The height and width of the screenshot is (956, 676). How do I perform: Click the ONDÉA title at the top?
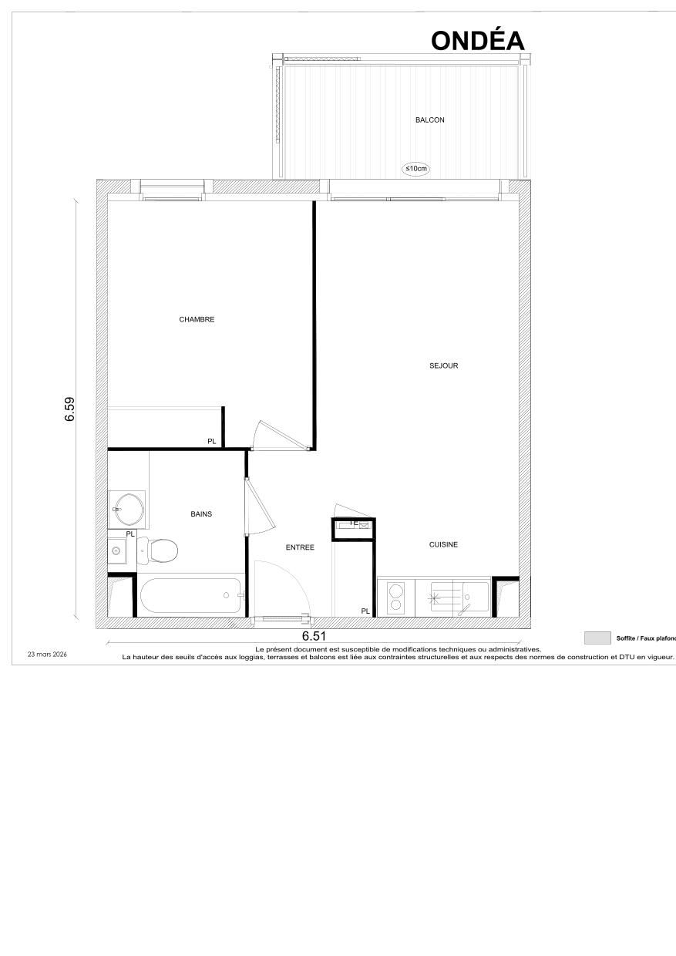click(x=478, y=40)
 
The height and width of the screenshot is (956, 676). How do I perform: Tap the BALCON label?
click(x=429, y=120)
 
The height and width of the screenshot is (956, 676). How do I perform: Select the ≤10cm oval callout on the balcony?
click(x=416, y=168)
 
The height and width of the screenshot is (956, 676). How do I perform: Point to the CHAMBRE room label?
click(x=197, y=320)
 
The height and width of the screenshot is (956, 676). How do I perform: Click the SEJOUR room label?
click(x=444, y=365)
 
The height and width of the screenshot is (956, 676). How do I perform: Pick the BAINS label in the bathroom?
click(x=201, y=514)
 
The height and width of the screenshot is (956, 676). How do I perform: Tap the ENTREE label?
click(x=300, y=547)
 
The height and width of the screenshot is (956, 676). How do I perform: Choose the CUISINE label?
click(x=443, y=544)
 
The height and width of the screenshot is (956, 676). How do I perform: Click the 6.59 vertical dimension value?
click(x=69, y=409)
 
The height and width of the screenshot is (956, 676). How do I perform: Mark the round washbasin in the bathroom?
click(x=127, y=507)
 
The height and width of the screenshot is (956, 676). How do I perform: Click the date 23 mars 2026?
click(x=48, y=654)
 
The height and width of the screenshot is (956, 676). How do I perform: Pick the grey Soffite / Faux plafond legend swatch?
click(x=597, y=638)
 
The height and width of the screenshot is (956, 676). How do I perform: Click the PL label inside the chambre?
click(x=212, y=442)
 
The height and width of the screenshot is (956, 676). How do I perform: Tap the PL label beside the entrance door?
click(x=365, y=611)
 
